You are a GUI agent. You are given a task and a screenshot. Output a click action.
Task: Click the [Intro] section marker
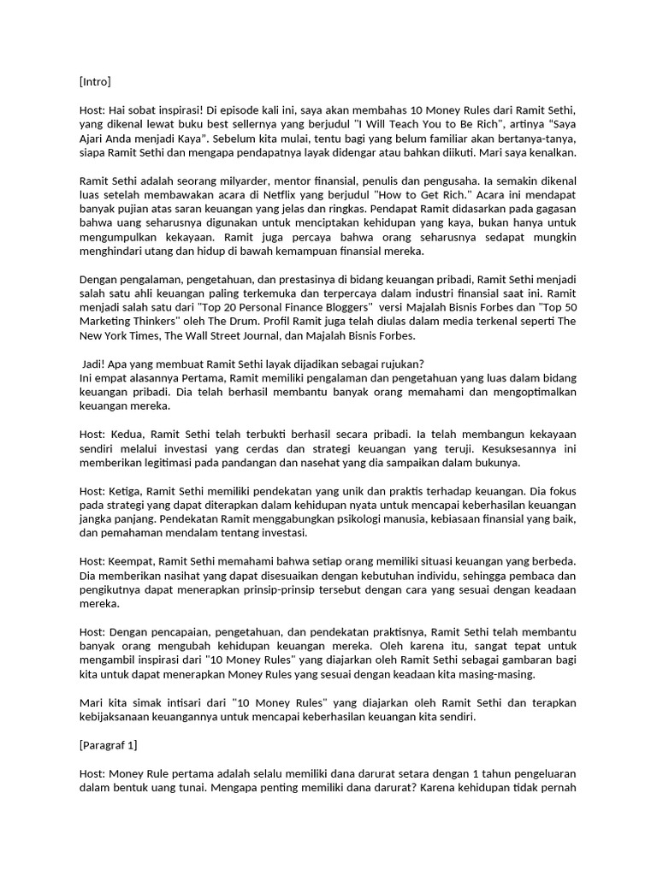95,82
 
